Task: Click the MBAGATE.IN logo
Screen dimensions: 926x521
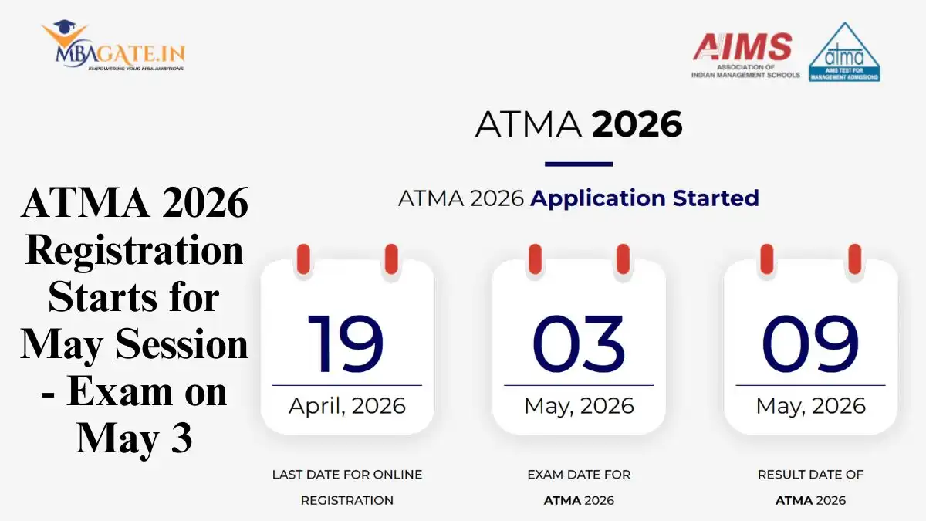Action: pos(113,46)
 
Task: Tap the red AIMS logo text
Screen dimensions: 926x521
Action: pos(742,46)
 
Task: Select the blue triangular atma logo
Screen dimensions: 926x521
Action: pos(844,52)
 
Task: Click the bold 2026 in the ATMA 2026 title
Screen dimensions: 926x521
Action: pos(637,124)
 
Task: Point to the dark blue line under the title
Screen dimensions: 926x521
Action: pos(578,164)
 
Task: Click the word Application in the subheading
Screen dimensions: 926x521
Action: pos(598,199)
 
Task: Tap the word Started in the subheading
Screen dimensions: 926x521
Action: pos(716,198)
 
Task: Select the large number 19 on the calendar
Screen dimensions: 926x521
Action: pos(346,344)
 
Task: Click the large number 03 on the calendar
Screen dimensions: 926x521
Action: pos(578,344)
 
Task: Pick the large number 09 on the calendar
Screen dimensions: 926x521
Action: pos(810,344)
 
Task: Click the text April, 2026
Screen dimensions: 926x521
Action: pos(346,406)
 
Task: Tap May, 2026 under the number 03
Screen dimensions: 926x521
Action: pos(579,407)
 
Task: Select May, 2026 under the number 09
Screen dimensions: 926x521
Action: pos(811,407)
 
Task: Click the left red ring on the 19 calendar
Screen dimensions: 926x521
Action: pos(303,259)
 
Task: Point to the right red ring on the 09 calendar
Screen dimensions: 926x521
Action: pos(854,259)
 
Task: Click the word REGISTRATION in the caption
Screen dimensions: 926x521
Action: pos(346,501)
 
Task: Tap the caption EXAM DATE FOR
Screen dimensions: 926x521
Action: pos(579,475)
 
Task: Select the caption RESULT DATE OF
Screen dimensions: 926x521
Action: pos(810,475)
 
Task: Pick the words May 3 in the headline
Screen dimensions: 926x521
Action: pos(134,439)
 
